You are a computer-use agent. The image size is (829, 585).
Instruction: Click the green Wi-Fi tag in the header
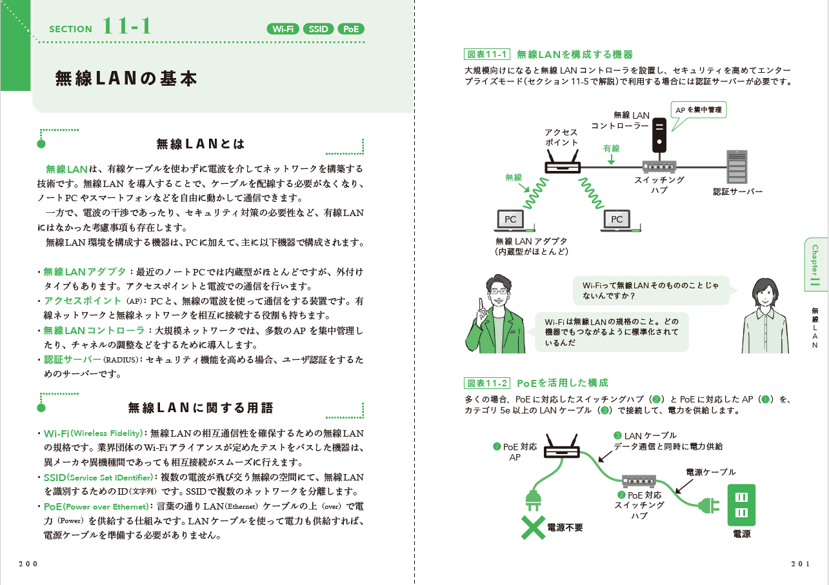click(283, 29)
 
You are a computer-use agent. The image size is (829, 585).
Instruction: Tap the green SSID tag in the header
click(318, 29)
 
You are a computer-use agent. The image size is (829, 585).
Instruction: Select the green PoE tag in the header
click(351, 29)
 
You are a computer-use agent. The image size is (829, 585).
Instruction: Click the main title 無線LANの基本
click(126, 79)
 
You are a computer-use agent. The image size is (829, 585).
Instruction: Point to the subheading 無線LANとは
click(201, 143)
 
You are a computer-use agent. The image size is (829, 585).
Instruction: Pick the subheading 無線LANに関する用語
click(201, 408)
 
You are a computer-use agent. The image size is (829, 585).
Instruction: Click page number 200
click(28, 563)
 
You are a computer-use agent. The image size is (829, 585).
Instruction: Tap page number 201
click(800, 563)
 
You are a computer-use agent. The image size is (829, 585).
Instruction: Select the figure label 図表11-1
click(488, 54)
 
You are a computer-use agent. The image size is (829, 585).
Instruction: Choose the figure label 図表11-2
click(488, 383)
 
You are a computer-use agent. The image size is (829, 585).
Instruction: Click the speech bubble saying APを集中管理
click(698, 110)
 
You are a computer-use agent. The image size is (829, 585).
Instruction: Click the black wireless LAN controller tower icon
click(659, 134)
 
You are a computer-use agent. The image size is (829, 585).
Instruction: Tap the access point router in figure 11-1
click(563, 164)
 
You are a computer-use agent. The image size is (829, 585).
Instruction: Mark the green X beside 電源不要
click(533, 527)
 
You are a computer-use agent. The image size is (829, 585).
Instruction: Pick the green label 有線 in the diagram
click(611, 148)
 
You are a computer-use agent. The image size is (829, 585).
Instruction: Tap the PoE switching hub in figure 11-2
click(639, 481)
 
